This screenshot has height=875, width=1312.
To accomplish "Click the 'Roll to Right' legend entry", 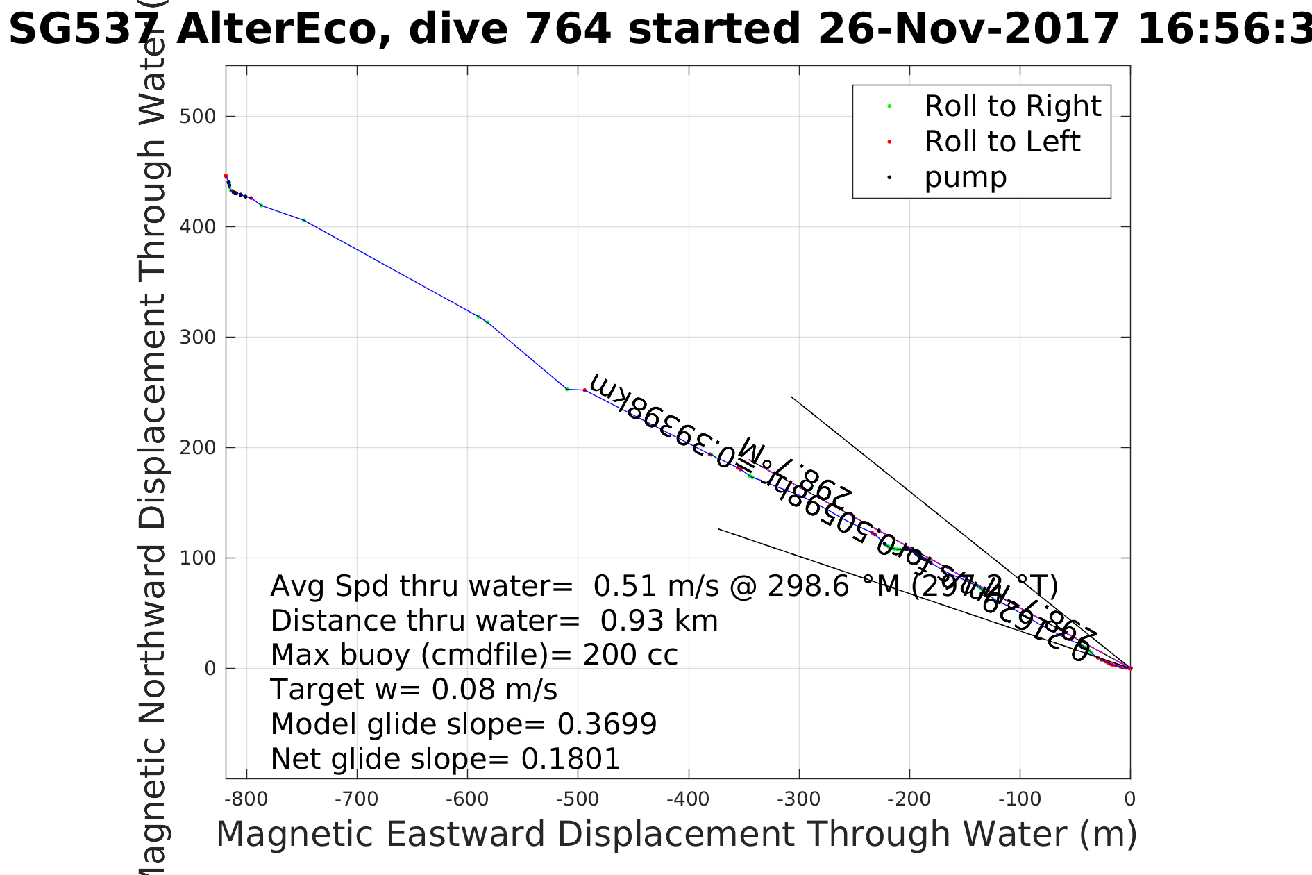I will tap(1012, 106).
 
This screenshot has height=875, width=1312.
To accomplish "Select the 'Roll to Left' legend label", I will tap(1002, 142).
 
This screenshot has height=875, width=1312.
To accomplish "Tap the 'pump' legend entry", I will tap(965, 177).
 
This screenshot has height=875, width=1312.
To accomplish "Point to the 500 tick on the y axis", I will tap(198, 117).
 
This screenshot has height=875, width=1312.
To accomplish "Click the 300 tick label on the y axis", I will tap(198, 337).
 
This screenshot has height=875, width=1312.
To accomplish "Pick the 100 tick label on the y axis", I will tap(198, 558).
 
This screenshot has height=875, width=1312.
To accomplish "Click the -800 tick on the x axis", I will tap(246, 799).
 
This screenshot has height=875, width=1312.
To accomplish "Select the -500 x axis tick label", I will tap(578, 799).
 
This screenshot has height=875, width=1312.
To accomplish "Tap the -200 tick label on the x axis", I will tap(909, 799).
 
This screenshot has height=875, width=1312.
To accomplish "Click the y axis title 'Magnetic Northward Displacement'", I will tap(152, 486).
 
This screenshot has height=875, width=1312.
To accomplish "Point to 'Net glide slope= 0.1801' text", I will tap(445, 759).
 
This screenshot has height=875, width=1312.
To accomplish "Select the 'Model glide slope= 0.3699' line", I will tap(463, 724).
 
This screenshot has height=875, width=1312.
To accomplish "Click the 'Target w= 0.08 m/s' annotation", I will tap(414, 690).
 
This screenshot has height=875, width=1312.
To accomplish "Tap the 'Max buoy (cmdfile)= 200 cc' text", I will tap(473, 655).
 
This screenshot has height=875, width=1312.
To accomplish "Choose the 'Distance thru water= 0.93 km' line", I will tap(494, 621).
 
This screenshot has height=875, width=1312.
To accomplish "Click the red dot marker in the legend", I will tap(889, 142).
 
